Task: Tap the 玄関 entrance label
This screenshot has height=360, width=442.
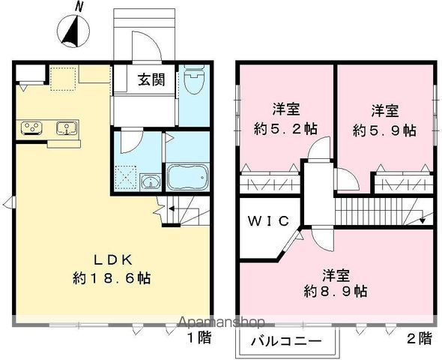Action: click(x=151, y=79)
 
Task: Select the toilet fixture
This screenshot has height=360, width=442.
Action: click(x=194, y=79)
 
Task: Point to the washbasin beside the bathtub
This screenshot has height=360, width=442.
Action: click(x=151, y=181)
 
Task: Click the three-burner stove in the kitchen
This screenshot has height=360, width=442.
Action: click(x=31, y=127)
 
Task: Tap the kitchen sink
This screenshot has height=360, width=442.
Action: click(x=67, y=127)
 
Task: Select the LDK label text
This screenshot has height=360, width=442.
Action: click(x=113, y=260)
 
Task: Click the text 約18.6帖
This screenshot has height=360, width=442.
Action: click(x=112, y=278)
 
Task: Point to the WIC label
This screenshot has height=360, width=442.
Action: click(x=268, y=221)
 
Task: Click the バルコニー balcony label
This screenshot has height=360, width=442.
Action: click(x=286, y=342)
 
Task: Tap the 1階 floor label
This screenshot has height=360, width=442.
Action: click(x=199, y=337)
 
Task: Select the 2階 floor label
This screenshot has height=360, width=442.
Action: click(x=420, y=338)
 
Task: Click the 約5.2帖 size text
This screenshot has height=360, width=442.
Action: click(x=285, y=129)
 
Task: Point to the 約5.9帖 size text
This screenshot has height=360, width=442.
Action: click(x=384, y=130)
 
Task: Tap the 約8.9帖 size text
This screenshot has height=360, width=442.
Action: click(x=336, y=291)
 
